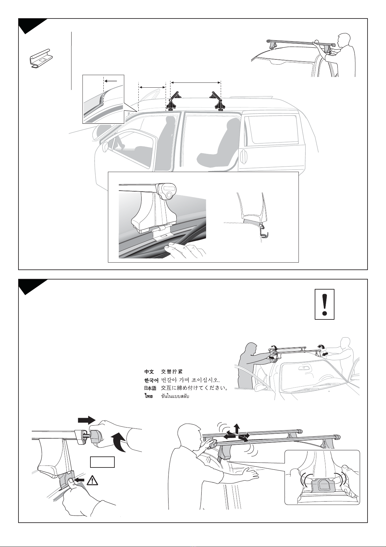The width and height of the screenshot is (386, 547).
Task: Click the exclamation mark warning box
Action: coord(324,304)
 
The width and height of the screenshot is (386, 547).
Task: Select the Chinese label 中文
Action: coord(149,372)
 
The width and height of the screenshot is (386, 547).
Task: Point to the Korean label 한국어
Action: coord(151,380)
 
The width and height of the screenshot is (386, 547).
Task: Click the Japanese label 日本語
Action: coord(150,388)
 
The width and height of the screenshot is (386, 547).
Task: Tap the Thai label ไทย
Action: coord(148,396)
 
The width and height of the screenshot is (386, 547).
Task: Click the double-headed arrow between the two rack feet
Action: coord(195,82)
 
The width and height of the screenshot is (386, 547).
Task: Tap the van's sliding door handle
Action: coord(244,157)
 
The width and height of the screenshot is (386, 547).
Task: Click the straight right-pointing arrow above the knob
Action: coord(86,420)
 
